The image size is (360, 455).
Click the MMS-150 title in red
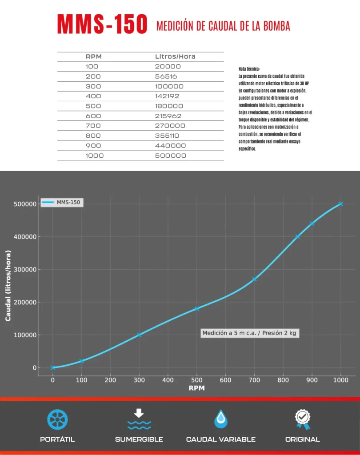tap(102, 24)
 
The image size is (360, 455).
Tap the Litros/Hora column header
tap(175, 56)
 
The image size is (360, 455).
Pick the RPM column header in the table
tap(94, 56)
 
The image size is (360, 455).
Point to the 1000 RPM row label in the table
tap(95, 156)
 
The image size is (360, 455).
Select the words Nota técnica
tap(249, 69)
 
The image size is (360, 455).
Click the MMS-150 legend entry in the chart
tap(62, 203)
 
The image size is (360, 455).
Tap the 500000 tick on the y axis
tap(24, 204)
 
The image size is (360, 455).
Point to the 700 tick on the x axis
tap(254, 380)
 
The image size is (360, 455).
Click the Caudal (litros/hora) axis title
tap(8, 285)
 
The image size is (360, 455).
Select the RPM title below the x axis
tap(196, 388)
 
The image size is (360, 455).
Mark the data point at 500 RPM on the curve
tap(196, 309)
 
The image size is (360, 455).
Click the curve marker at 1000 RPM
tap(341, 204)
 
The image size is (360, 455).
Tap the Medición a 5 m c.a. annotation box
tap(249, 333)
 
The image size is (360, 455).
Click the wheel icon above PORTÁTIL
tap(57, 419)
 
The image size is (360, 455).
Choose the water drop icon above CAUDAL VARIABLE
tap(220, 419)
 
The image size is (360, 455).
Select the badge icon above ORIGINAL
tap(302, 419)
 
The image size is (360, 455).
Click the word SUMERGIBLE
tap(139, 439)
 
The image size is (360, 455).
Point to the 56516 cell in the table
tap(166, 76)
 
